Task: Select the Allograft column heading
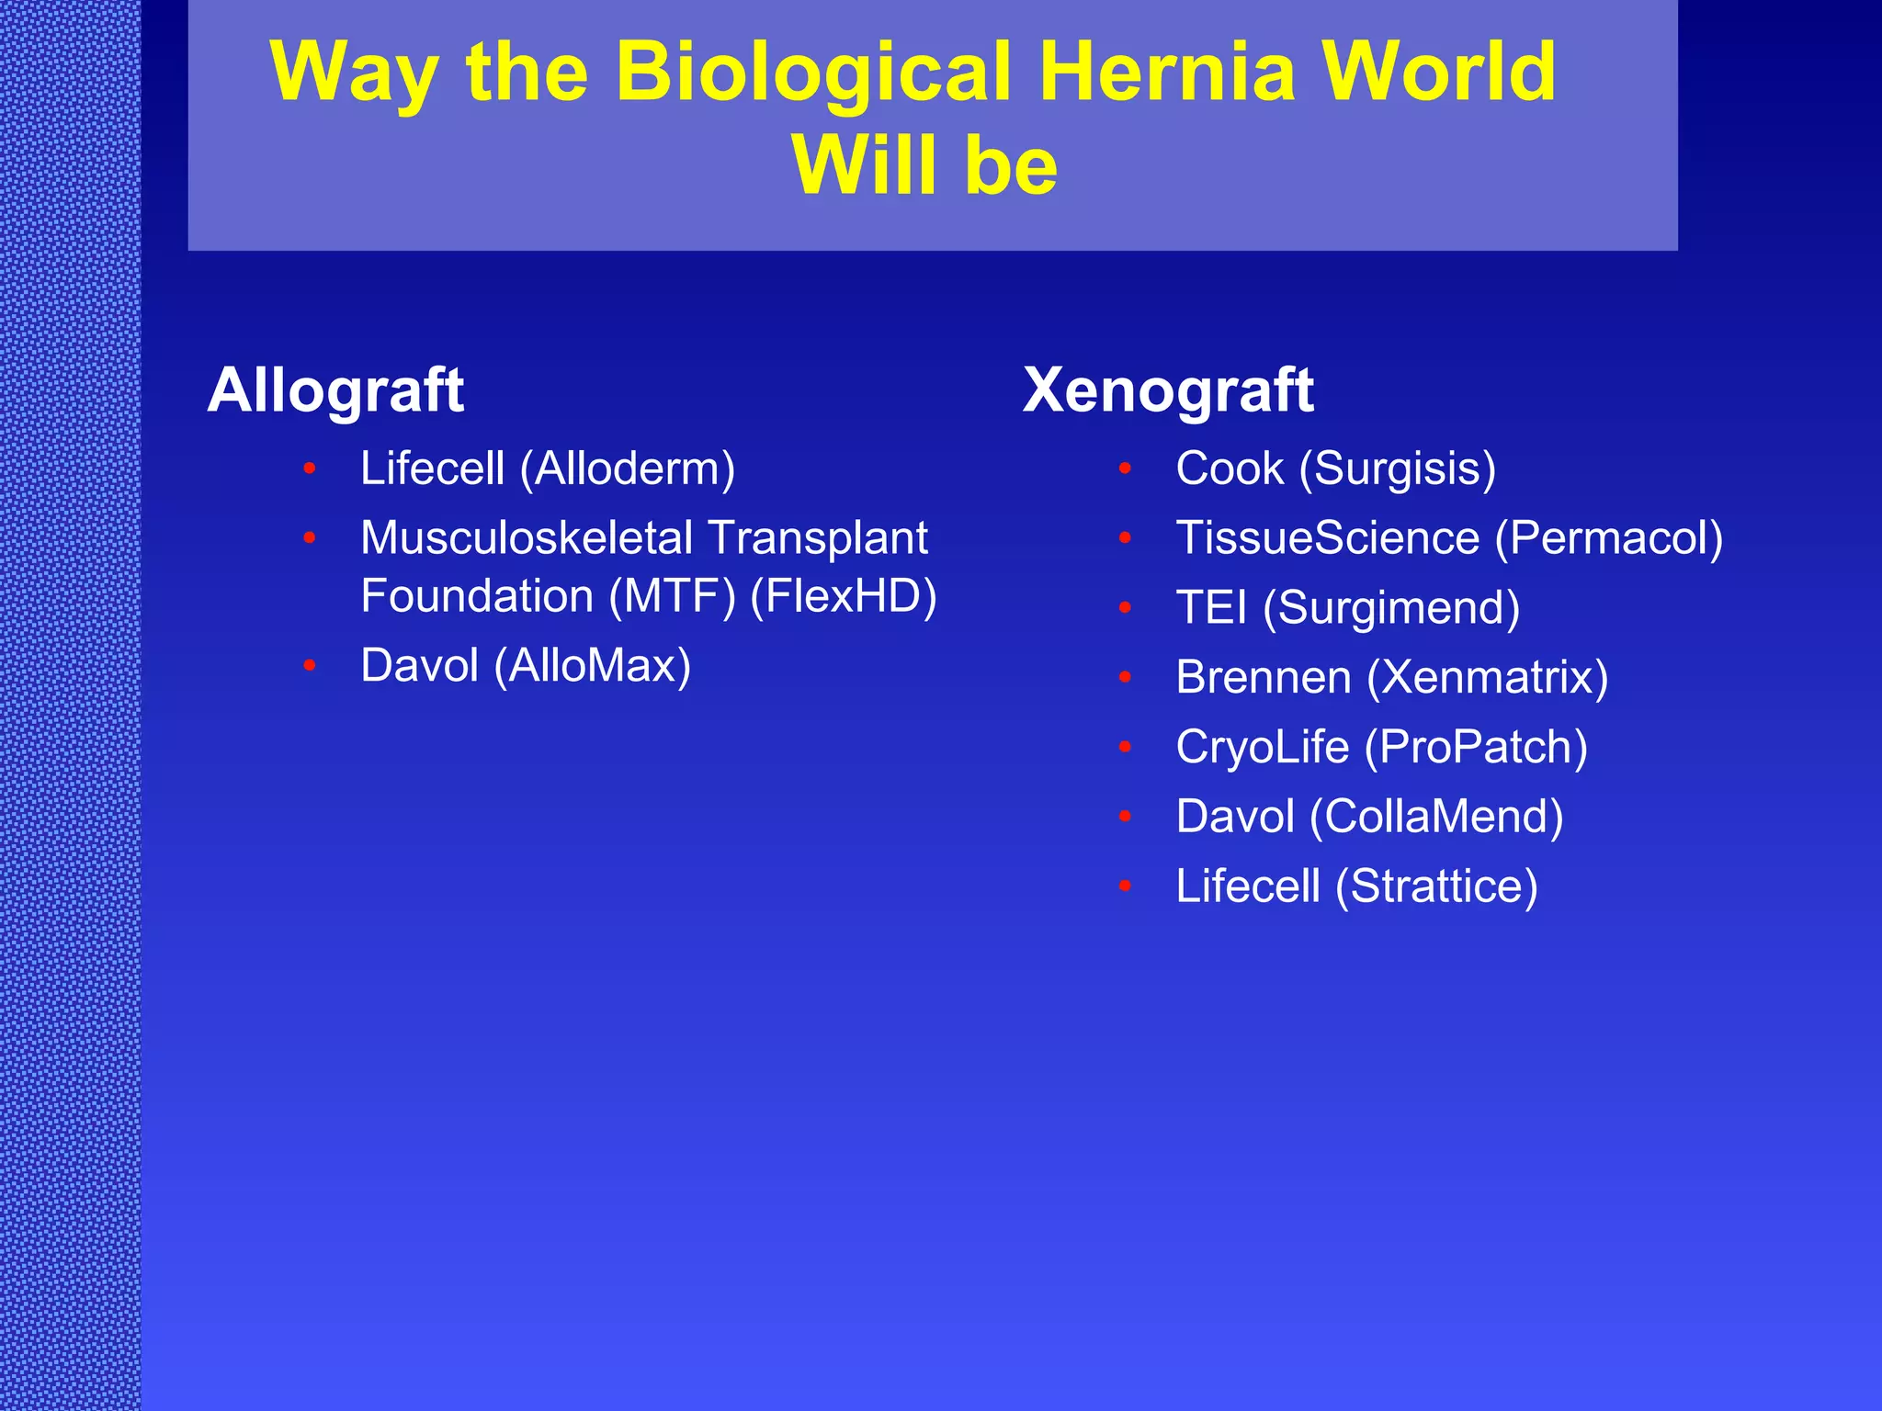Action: coord(336,390)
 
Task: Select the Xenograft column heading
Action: coord(1168,390)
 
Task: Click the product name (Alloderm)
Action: coord(628,468)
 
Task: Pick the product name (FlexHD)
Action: coord(844,595)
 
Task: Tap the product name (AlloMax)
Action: coord(593,665)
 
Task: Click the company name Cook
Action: coord(1230,468)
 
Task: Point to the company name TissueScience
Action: coord(1328,537)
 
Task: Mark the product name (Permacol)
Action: coord(1609,537)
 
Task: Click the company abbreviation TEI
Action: coord(1211,607)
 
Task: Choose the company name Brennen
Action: coord(1264,677)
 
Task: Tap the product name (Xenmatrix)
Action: coord(1488,677)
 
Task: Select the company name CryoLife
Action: coord(1263,747)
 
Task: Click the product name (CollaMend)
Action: coord(1436,816)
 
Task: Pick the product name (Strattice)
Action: coord(1436,886)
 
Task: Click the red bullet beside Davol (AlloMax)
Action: coord(310,665)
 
